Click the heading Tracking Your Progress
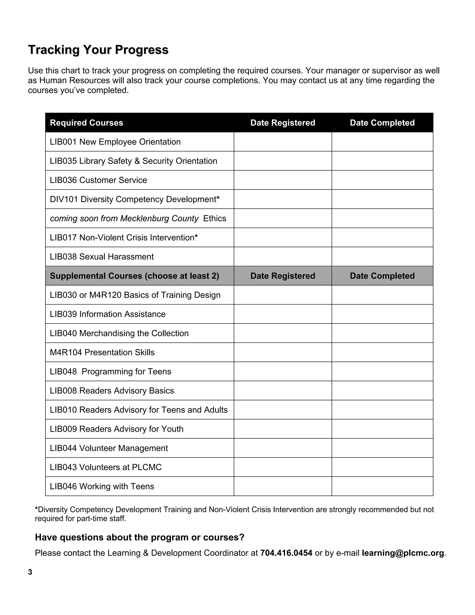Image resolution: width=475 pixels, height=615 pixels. pos(98,50)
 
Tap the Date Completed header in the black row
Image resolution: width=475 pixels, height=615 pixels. pos(382,123)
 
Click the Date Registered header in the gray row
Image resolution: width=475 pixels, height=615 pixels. pos(282,276)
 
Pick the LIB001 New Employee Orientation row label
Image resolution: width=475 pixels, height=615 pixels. pos(115,142)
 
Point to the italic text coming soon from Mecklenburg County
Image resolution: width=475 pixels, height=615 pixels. pos(124,219)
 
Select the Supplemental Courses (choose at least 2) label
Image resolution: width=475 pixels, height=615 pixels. pos(134,276)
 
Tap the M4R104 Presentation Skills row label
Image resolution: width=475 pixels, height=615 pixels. pos(102,353)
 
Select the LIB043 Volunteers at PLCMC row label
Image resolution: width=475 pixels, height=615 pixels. pos(106,467)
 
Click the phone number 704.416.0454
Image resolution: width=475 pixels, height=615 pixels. pos(286,553)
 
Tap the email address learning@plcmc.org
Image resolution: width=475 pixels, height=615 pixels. pos(403,553)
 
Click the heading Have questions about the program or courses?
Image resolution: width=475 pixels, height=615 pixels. pos(140,537)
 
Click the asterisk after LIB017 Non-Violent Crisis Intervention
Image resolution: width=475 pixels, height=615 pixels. pos(196,236)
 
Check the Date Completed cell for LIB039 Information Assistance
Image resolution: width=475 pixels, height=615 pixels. pos(382,314)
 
